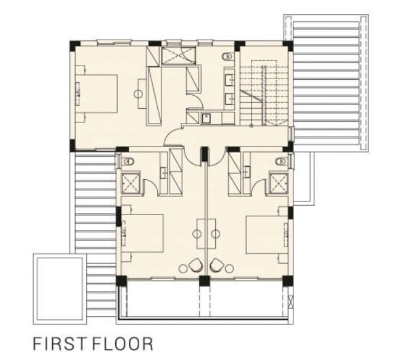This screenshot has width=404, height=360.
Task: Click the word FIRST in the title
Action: coord(59,343)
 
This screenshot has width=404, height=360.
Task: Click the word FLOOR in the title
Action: coord(122,343)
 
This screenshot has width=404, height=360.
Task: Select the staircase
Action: coord(264,93)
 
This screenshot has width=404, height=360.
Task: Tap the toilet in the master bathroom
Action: coord(228,56)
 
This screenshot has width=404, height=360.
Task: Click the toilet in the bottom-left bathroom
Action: coord(128,161)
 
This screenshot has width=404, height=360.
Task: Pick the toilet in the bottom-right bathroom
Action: coord(282,161)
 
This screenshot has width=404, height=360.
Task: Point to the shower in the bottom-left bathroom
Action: coord(131,183)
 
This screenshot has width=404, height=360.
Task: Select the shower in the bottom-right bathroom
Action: coord(279,183)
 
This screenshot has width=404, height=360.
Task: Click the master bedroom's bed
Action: coord(96,93)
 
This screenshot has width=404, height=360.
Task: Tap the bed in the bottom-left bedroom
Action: coord(142,233)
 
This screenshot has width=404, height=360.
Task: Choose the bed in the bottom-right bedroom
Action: coord(267,235)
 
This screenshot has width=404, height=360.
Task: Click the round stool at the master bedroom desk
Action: coord(138,94)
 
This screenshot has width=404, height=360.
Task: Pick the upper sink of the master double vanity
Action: coord(230,80)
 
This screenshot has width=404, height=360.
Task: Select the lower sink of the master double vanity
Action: coord(230,99)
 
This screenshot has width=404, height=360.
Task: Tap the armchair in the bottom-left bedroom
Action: coord(196,265)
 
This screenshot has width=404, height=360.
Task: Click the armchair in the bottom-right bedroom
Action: coord(216,265)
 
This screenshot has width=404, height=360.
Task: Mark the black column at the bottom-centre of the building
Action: coord(205,281)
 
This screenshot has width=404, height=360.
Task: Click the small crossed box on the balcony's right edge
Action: coord(290,301)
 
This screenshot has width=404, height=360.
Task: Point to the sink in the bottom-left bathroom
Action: coord(164,173)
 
